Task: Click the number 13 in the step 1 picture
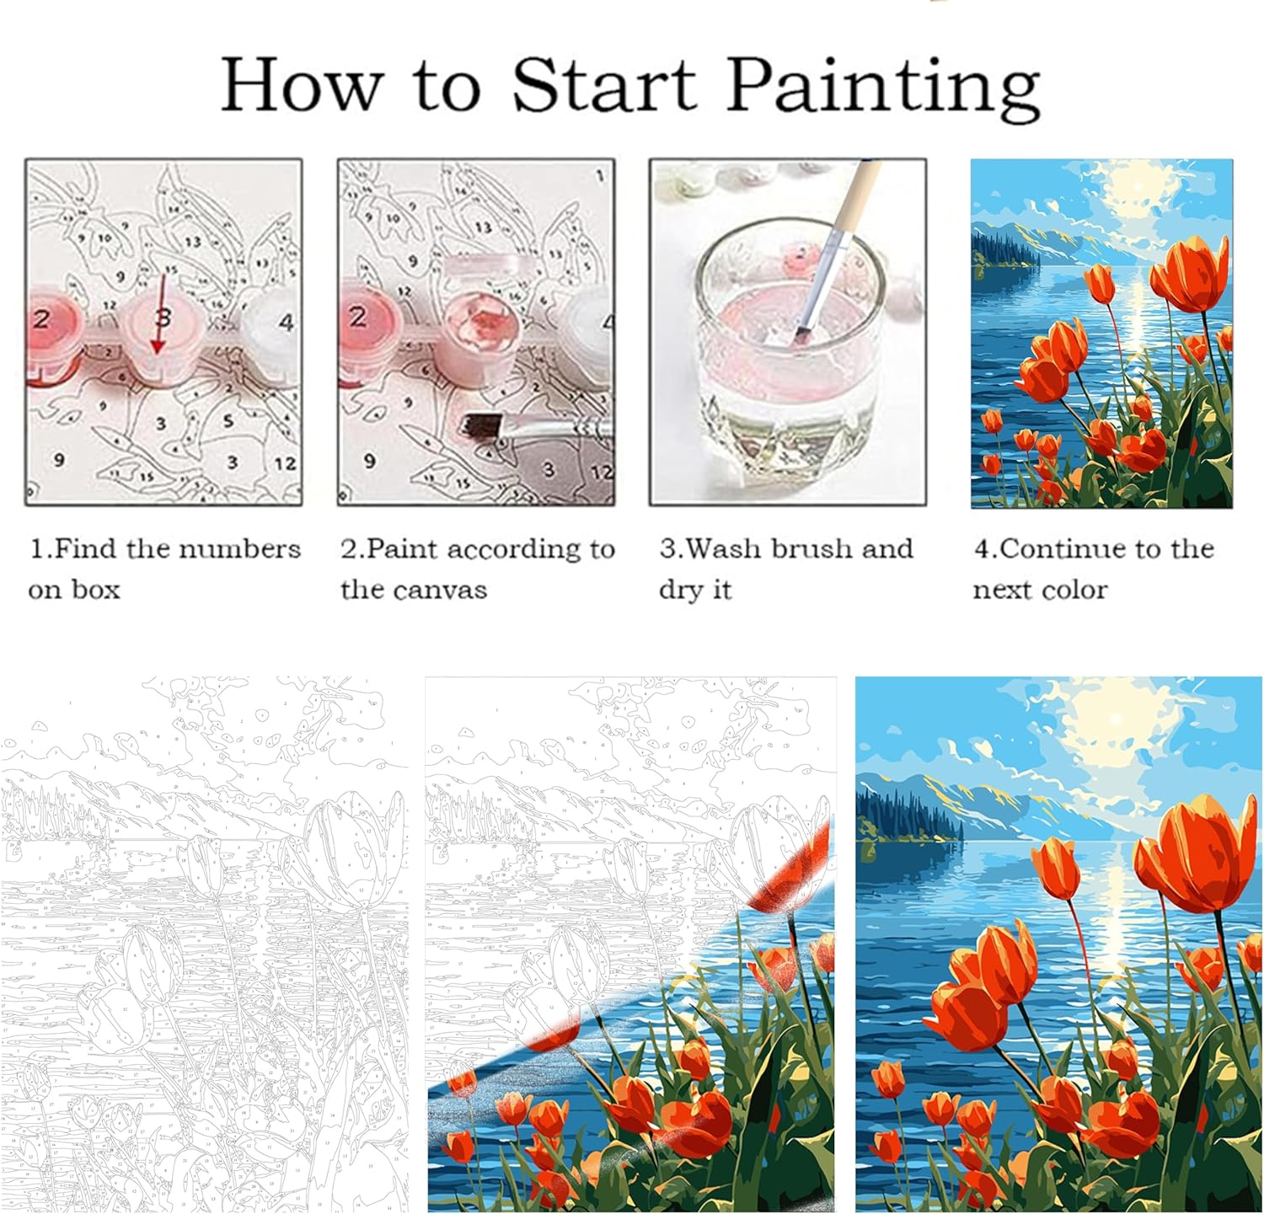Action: click(x=192, y=243)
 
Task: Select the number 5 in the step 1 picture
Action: click(x=228, y=421)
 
